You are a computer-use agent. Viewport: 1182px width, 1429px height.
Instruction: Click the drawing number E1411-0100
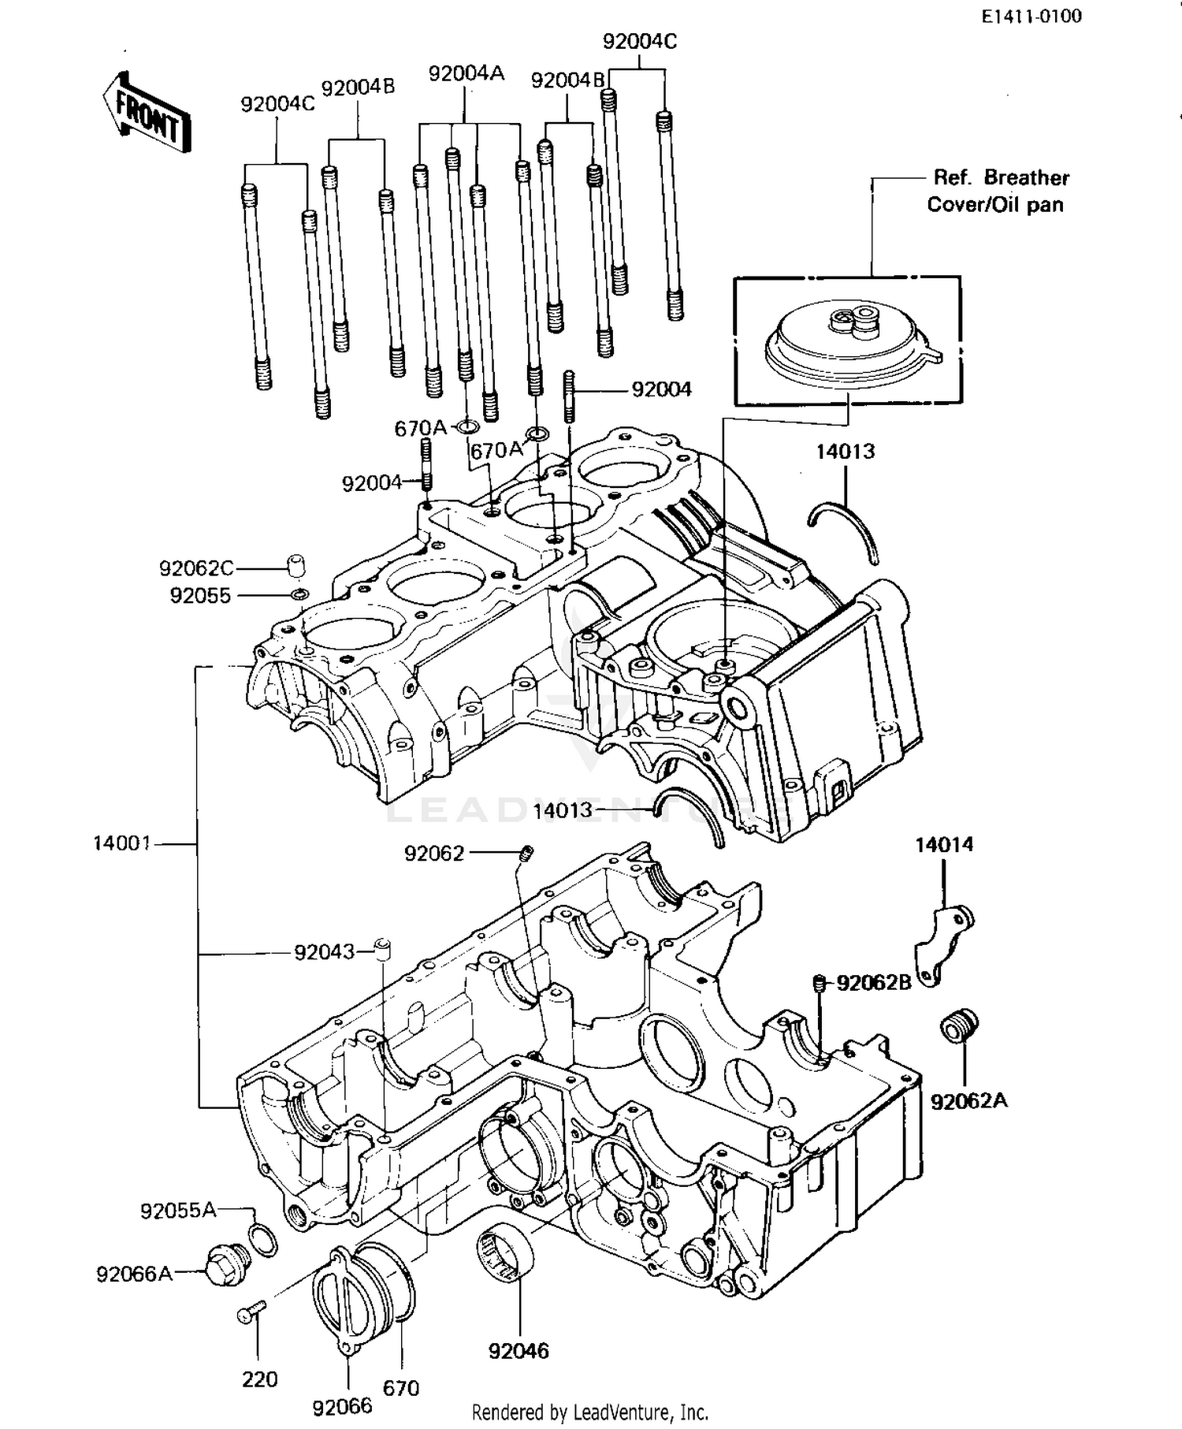tap(1031, 17)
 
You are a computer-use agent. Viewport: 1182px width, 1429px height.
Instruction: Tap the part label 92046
tap(519, 1351)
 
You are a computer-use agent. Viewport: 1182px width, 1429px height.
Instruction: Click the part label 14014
tap(944, 845)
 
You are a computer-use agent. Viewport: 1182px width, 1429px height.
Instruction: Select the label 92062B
tap(873, 983)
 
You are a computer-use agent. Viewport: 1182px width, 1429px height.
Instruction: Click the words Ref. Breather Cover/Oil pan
tap(998, 191)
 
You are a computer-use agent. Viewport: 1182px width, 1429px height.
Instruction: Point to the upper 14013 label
tap(845, 452)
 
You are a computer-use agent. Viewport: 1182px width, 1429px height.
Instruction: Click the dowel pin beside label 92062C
tap(295, 566)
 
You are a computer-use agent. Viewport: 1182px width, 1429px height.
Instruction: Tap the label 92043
tap(324, 952)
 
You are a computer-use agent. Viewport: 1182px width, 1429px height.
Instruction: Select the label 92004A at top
tap(466, 73)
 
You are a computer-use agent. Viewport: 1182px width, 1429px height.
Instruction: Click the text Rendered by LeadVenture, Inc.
tap(589, 1412)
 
